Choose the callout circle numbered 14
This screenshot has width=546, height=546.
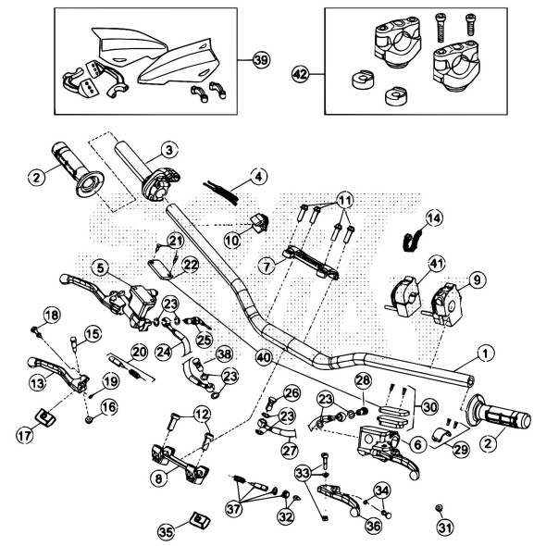pos(434,219)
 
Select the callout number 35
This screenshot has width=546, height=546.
pos(167,531)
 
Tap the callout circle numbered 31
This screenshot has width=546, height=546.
pos(445,528)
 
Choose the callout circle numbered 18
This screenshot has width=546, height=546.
pos(49,316)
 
